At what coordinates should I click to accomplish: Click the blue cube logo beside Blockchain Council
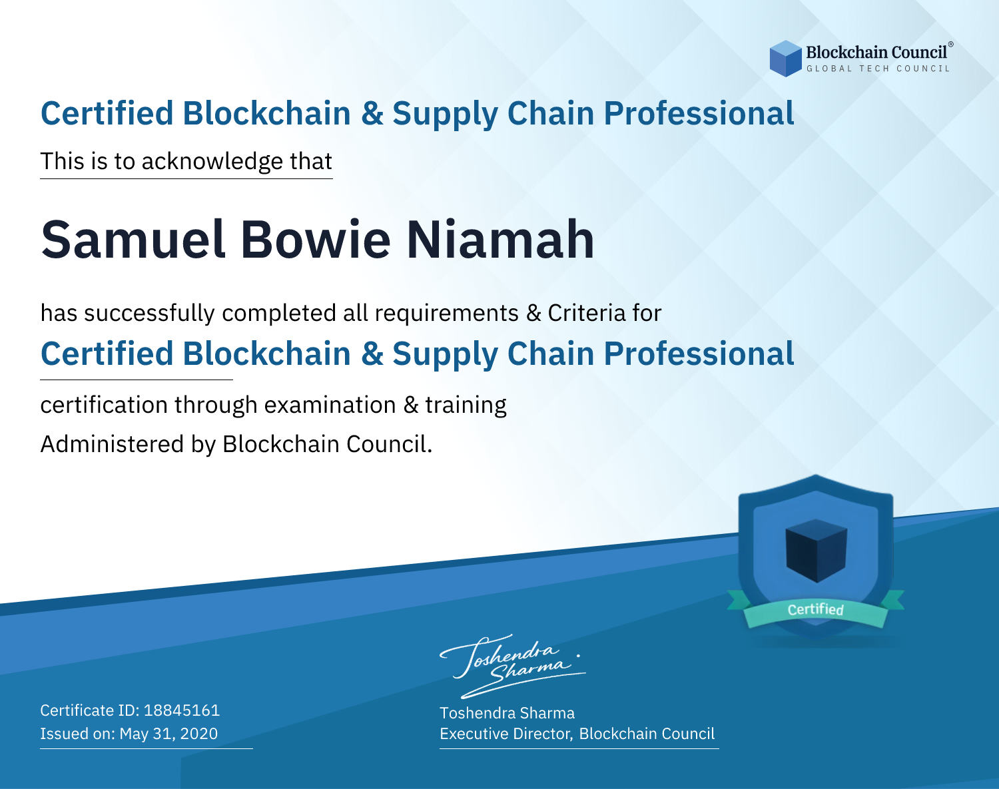(x=785, y=59)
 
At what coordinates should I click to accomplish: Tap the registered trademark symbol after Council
(x=950, y=45)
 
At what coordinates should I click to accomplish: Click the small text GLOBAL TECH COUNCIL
(x=878, y=69)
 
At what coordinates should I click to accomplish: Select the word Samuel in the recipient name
(x=134, y=240)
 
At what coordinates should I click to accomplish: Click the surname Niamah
(x=500, y=240)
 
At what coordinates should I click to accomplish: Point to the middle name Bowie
(x=316, y=240)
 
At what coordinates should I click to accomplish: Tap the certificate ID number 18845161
(x=182, y=710)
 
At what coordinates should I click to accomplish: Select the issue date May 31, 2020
(x=168, y=734)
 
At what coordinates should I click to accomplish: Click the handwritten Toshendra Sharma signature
(x=512, y=666)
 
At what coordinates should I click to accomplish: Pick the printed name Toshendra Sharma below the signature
(x=507, y=713)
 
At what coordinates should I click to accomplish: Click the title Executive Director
(x=505, y=734)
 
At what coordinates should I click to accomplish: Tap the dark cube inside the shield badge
(x=816, y=551)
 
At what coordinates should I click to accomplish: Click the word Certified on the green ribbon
(x=816, y=609)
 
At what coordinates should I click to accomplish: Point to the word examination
(x=330, y=405)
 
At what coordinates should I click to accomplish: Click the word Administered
(x=113, y=444)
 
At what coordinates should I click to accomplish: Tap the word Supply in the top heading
(x=445, y=114)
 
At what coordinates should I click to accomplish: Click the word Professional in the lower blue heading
(x=699, y=354)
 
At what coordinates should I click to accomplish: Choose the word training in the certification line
(x=466, y=405)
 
